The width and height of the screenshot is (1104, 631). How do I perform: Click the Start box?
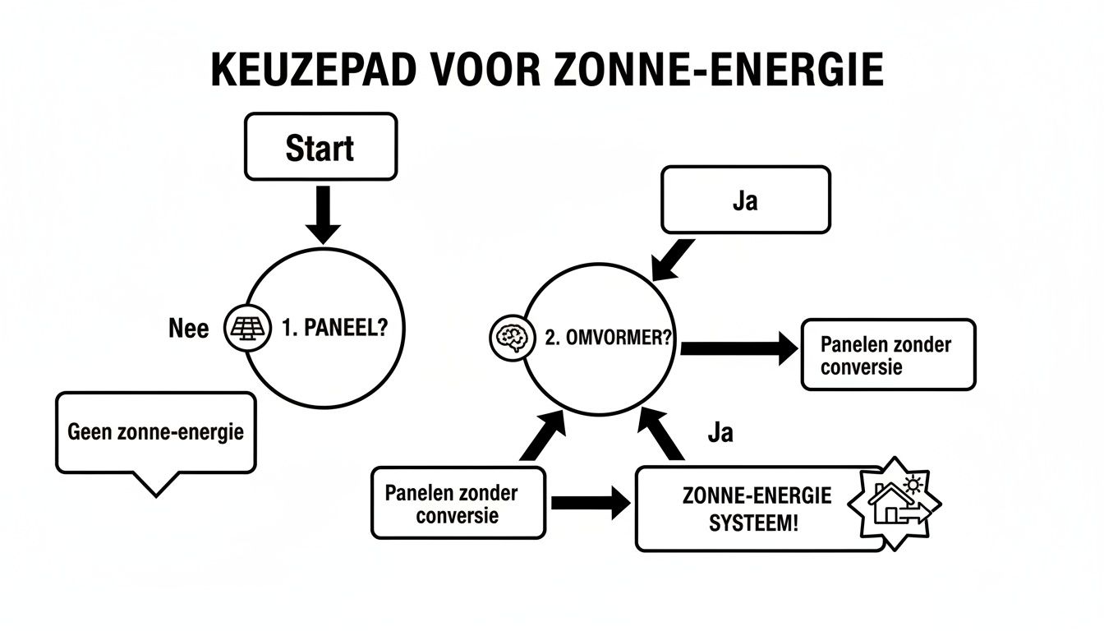[321, 147]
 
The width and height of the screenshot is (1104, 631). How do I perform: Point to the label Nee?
[188, 329]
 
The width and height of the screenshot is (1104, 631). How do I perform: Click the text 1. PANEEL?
[333, 329]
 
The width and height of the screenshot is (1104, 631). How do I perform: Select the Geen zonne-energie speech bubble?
[155, 433]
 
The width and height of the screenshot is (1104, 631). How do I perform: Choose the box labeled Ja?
[745, 200]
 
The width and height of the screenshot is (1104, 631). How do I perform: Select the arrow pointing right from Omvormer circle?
[738, 348]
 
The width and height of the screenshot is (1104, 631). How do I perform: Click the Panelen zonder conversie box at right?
[887, 354]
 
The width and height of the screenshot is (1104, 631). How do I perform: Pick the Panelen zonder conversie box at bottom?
[458, 503]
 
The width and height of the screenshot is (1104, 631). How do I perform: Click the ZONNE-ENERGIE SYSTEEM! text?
[757, 508]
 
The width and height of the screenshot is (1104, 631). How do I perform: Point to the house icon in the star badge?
[896, 504]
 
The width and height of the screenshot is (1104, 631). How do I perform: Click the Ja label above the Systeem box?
[720, 433]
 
